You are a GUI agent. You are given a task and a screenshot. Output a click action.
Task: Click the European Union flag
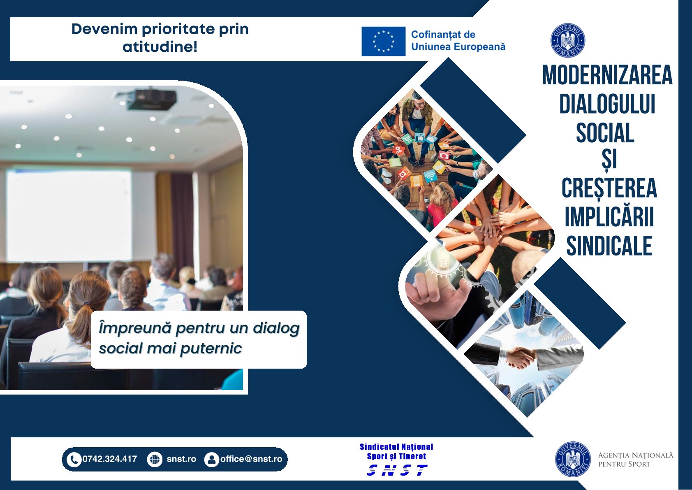coord(383,42)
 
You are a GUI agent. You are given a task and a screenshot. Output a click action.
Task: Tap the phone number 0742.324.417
coord(110,459)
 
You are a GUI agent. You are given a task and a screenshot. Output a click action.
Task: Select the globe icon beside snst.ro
coord(155,460)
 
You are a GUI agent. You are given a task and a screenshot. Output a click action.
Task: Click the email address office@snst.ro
coord(251,459)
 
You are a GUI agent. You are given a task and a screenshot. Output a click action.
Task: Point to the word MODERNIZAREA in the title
coord(607,75)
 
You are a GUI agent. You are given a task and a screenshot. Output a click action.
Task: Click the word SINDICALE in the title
coord(609,246)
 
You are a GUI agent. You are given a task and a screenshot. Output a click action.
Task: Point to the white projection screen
coord(69,216)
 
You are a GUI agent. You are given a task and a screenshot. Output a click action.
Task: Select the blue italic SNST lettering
coord(397,470)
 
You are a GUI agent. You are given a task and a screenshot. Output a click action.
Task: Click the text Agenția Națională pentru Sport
coord(635,460)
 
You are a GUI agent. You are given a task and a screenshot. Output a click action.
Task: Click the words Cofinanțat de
coord(443,35)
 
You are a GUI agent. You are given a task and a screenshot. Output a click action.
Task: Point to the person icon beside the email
coord(212,460)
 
